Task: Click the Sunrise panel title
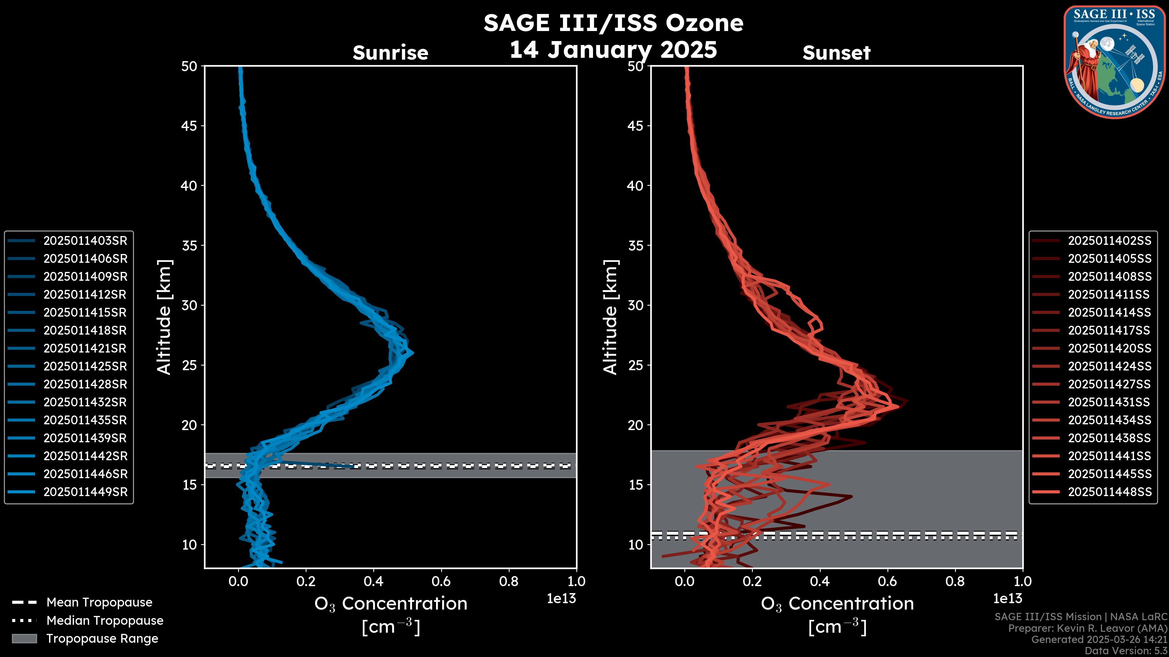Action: point(390,53)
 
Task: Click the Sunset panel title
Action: point(836,53)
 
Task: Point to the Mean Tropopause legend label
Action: point(99,603)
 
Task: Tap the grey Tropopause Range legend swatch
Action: point(24,639)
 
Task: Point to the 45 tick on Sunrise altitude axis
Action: point(189,126)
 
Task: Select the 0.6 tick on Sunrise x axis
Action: point(441,581)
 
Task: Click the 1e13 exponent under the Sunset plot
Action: point(1007,599)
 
